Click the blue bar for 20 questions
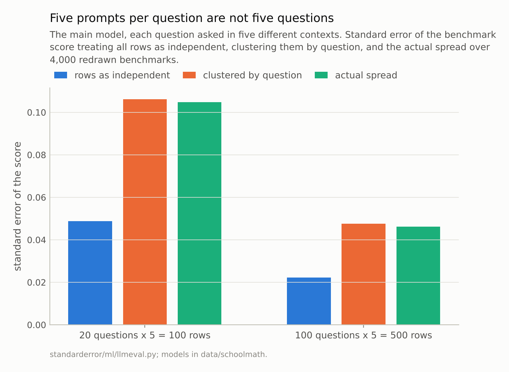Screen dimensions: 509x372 pyautogui.click(x=90, y=273)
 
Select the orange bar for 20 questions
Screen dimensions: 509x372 pyautogui.click(x=145, y=212)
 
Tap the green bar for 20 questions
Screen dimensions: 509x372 pyautogui.click(x=199, y=213)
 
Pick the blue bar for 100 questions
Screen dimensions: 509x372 pyautogui.click(x=309, y=301)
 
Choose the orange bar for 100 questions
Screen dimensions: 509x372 pyautogui.click(x=364, y=274)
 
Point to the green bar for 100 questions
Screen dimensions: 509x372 pyautogui.click(x=418, y=275)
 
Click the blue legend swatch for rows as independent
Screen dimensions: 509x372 pyautogui.click(x=61, y=75)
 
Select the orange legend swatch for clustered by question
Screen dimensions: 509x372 pyautogui.click(x=189, y=75)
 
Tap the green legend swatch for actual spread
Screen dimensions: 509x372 pyautogui.click(x=321, y=75)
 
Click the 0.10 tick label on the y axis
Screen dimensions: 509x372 pyautogui.click(x=37, y=113)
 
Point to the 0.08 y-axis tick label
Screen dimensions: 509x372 pyautogui.click(x=37, y=155)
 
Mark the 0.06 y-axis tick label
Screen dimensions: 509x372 pyautogui.click(x=37, y=198)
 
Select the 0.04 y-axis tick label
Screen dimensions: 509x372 pyautogui.click(x=37, y=240)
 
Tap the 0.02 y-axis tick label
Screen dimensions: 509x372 pyautogui.click(x=37, y=283)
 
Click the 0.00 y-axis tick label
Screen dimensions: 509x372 pyautogui.click(x=37, y=325)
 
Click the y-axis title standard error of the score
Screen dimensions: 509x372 pyautogui.click(x=18, y=206)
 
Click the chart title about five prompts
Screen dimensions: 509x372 pyautogui.click(x=192, y=18)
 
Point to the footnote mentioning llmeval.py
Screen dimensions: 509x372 pyautogui.click(x=158, y=354)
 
